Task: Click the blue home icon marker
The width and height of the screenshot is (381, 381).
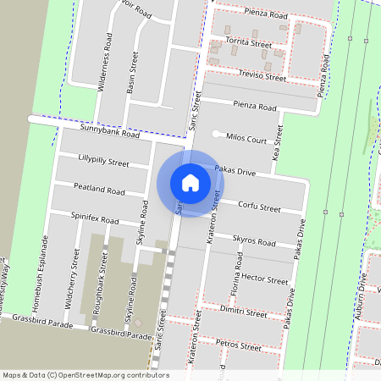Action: [x=190, y=182]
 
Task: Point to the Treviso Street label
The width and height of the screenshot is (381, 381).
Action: [x=263, y=75]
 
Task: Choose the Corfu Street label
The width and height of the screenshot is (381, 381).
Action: [x=258, y=207]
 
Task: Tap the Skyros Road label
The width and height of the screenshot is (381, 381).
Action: [x=254, y=241]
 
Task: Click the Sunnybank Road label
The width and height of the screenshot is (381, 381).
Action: [x=109, y=133]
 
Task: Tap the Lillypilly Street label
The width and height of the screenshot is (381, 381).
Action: [x=102, y=160]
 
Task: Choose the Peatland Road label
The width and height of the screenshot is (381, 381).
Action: [x=99, y=190]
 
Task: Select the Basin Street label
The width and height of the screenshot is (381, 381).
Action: [x=132, y=75]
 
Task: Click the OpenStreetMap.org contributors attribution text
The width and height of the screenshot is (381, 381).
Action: [x=112, y=374]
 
